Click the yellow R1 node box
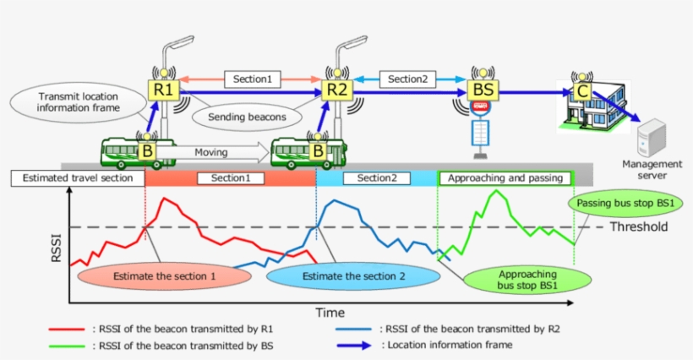click(x=163, y=89)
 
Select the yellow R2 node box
click(x=337, y=89)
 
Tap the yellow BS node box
click(x=479, y=89)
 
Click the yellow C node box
click(x=581, y=90)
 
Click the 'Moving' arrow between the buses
click(x=216, y=152)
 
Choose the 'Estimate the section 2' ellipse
click(x=353, y=276)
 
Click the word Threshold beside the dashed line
click(x=639, y=226)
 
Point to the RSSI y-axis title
click(x=57, y=247)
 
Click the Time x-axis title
click(x=330, y=313)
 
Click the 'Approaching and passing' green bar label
click(x=505, y=178)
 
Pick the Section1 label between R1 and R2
click(x=252, y=79)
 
